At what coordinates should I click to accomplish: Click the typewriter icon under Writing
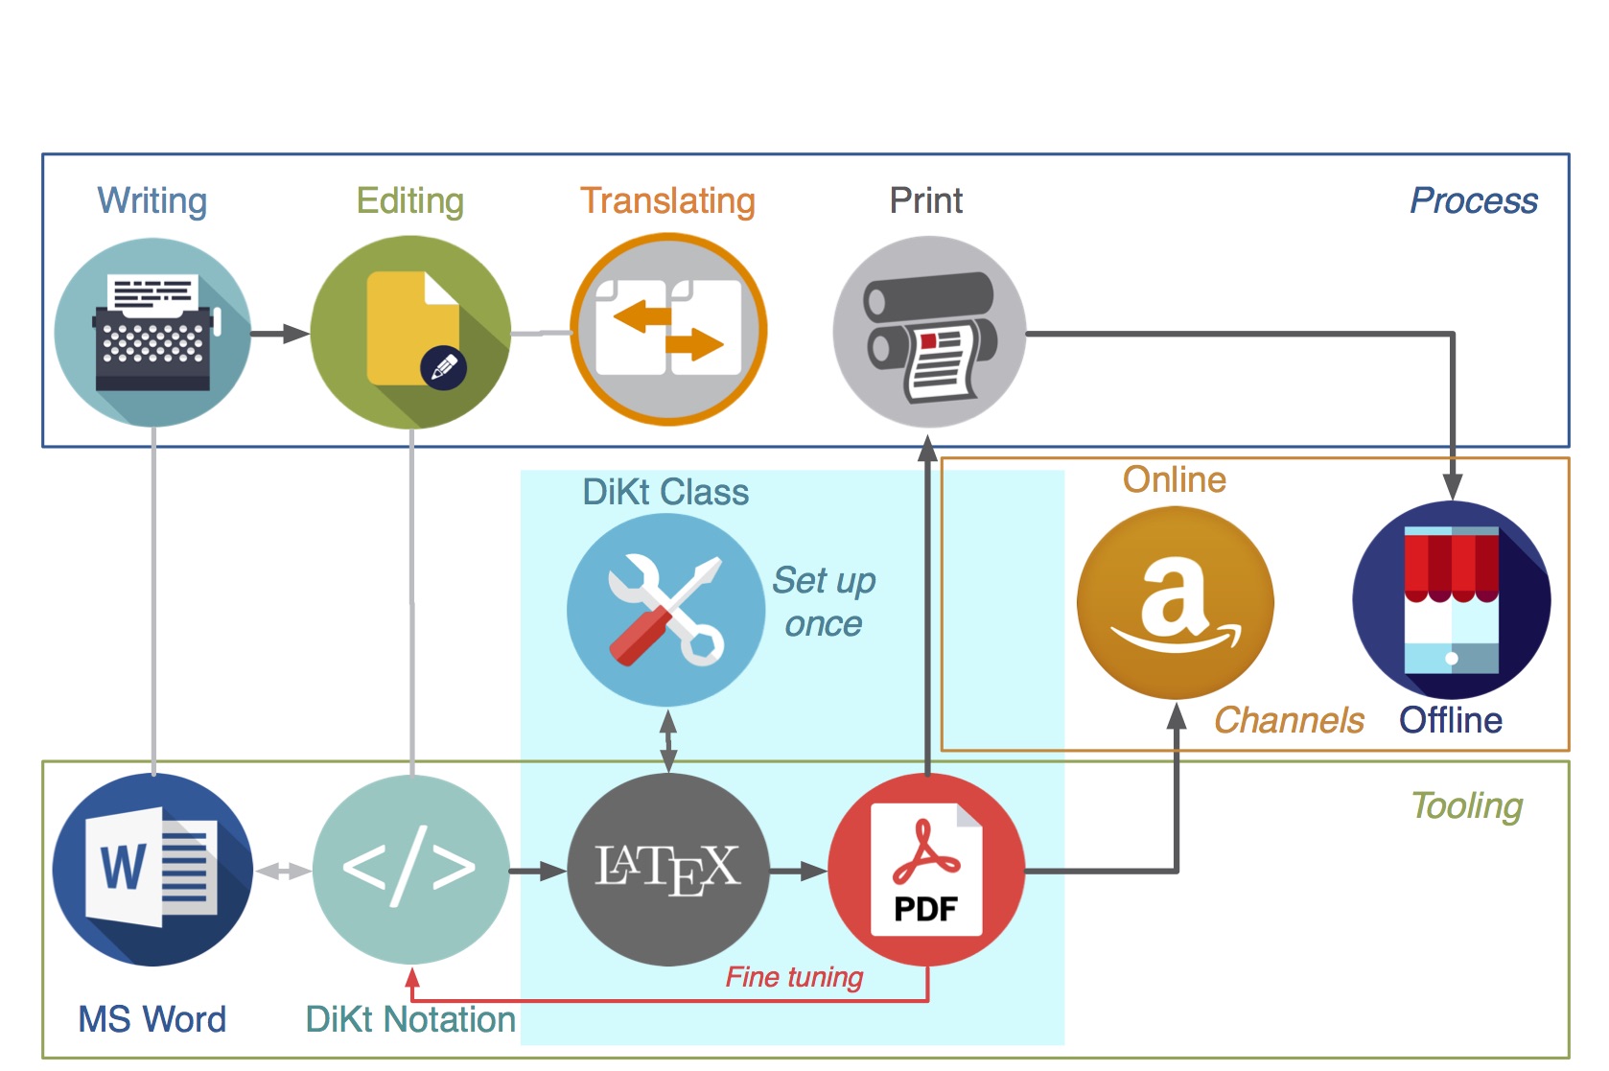coord(153,333)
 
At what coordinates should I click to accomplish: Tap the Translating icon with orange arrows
coord(668,330)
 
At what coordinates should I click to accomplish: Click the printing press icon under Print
coord(929,332)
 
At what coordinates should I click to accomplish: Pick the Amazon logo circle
coord(1176,603)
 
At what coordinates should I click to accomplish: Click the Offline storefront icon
coord(1452,600)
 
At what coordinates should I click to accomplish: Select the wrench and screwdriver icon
coord(665,610)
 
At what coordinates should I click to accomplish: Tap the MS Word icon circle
coord(153,869)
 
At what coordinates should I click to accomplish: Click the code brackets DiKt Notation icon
coord(410,869)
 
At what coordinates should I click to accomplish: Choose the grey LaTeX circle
coord(668,869)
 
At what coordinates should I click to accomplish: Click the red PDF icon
coord(926,869)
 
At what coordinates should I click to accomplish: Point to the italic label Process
coord(1474,200)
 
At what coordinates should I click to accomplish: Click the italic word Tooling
coord(1467,806)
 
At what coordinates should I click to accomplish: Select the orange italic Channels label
coord(1289,720)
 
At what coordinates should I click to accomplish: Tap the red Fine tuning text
coord(795,977)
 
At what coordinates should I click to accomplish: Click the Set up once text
coord(824,602)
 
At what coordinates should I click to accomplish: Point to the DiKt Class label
coord(665,492)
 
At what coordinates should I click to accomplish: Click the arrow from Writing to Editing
coord(280,334)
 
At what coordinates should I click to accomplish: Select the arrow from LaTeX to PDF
coord(799,872)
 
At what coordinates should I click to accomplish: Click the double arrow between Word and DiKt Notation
coord(283,872)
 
